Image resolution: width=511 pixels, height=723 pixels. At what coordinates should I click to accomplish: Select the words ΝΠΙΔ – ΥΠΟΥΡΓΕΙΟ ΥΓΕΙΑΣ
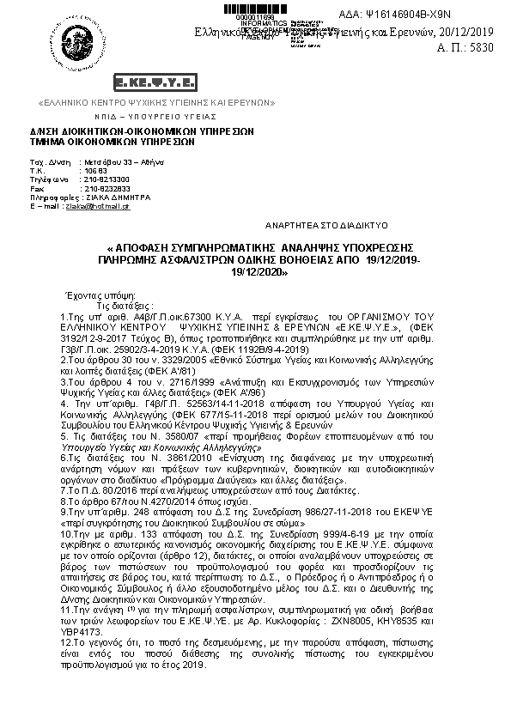coord(143,115)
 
